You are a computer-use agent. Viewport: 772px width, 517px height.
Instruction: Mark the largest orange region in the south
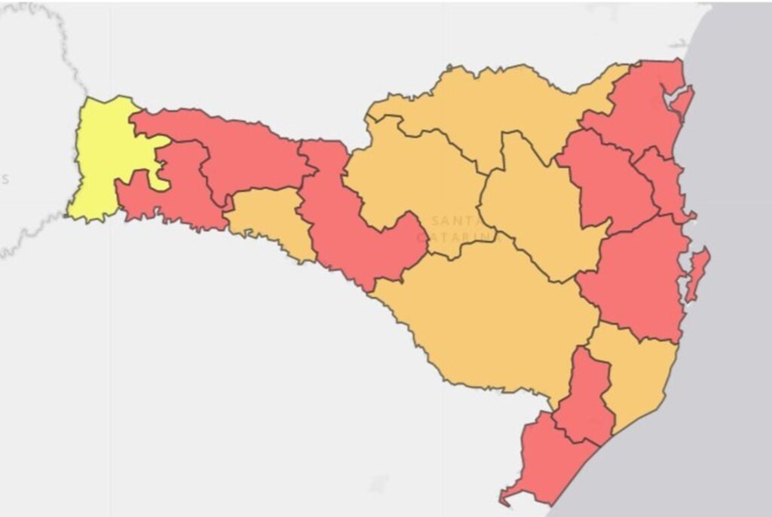(482, 324)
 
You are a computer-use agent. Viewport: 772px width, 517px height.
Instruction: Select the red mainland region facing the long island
(641, 279)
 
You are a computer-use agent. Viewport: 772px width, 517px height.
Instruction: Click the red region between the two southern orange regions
(584, 399)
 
